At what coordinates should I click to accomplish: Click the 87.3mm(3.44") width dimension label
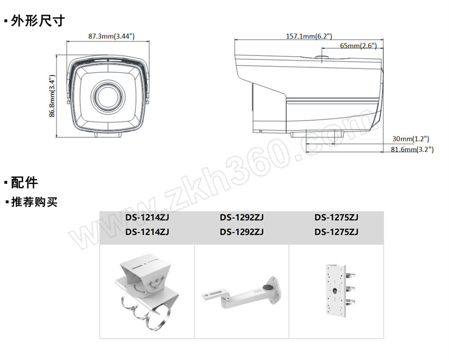(x=111, y=36)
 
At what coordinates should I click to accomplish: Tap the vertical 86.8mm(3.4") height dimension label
(x=52, y=96)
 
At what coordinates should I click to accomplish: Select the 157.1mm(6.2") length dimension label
(x=309, y=36)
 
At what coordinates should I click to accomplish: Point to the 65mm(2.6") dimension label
(x=358, y=45)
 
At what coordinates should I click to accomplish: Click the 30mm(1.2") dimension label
(x=411, y=139)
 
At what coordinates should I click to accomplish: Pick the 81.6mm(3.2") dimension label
(x=412, y=149)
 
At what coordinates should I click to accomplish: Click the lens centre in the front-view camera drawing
(x=108, y=96)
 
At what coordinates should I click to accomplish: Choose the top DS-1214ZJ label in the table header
(x=147, y=218)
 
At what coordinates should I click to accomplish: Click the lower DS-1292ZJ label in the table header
(x=242, y=232)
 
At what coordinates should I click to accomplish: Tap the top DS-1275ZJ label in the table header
(x=336, y=218)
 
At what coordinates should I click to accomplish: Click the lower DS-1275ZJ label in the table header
(x=336, y=232)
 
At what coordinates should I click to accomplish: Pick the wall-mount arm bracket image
(x=241, y=293)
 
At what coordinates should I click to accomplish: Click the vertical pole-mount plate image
(x=340, y=290)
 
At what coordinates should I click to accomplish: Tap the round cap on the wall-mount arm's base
(x=268, y=288)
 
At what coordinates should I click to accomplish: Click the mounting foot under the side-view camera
(x=317, y=133)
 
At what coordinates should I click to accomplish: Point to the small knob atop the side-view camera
(x=322, y=57)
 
